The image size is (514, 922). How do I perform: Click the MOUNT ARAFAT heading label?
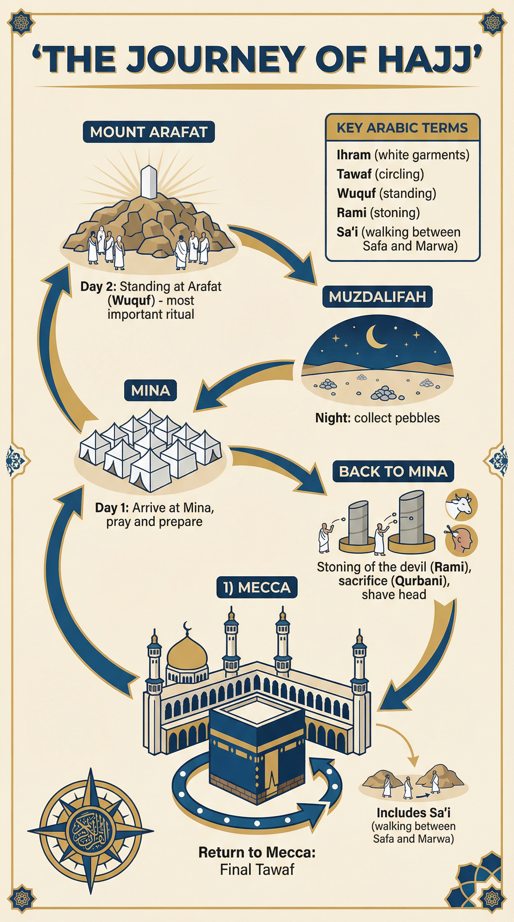[x=149, y=132]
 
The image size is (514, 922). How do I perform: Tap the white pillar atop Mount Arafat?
[x=149, y=182]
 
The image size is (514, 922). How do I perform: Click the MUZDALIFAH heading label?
[x=377, y=297]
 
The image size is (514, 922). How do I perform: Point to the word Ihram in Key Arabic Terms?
[x=353, y=155]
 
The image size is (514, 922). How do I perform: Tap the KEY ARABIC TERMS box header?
[x=402, y=128]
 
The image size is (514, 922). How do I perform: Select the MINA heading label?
[x=151, y=390]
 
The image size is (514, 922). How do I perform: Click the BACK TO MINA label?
[x=393, y=471]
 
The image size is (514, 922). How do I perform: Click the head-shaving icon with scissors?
[x=461, y=540]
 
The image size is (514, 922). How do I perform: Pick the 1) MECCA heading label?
[x=257, y=587]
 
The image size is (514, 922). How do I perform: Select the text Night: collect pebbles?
[x=377, y=418]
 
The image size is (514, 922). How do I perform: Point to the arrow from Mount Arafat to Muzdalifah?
[x=275, y=252]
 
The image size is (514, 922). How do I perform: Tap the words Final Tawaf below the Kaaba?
[x=257, y=869]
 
